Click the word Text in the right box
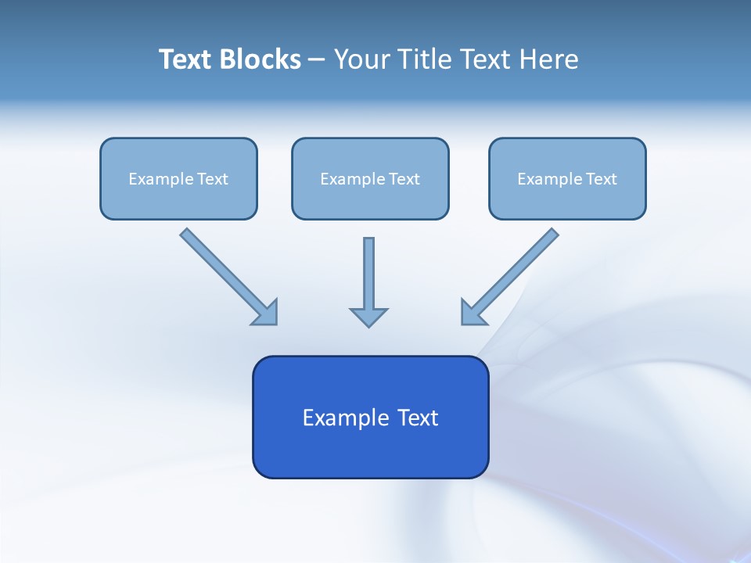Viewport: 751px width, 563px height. click(x=602, y=179)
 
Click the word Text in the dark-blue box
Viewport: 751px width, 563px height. click(x=419, y=418)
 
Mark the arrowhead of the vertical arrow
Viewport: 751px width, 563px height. click(x=369, y=317)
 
